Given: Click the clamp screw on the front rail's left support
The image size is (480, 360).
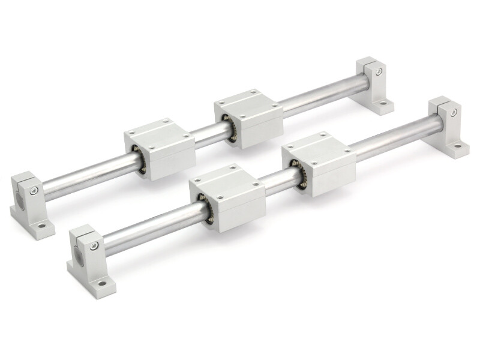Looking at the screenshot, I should (94, 246).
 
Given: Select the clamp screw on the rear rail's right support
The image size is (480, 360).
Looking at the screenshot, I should (379, 72).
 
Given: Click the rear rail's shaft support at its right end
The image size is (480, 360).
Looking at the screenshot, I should (375, 87).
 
